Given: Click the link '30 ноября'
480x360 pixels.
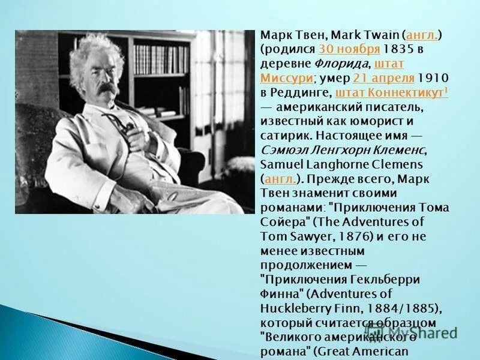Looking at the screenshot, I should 341,49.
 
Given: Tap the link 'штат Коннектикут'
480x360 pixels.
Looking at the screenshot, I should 390,92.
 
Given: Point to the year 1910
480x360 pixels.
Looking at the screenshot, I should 432,78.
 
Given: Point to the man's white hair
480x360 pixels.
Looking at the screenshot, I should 96,51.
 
